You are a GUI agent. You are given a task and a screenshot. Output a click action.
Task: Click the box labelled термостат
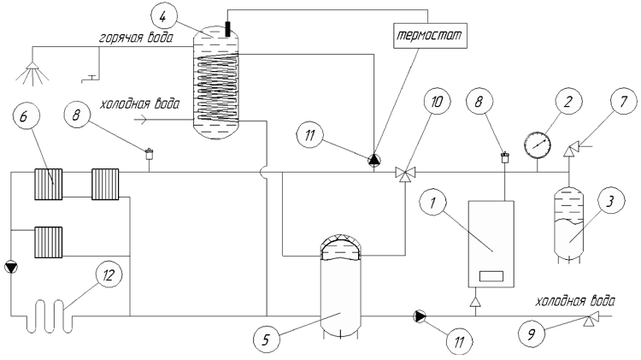click(430, 36)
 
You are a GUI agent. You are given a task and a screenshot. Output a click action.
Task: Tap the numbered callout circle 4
click(163, 17)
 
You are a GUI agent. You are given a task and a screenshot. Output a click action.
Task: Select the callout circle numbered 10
click(436, 102)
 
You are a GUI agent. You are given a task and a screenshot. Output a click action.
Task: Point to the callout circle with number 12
click(108, 275)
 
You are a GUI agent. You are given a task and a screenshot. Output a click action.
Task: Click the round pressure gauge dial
click(538, 145)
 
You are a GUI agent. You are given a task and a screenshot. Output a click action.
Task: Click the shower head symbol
click(32, 73)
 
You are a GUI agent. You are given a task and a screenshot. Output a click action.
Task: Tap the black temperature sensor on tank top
click(227, 29)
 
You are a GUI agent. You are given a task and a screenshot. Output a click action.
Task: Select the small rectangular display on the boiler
click(491, 276)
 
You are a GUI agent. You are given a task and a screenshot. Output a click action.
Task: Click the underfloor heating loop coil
click(49, 316)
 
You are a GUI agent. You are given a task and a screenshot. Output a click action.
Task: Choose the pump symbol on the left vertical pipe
click(11, 268)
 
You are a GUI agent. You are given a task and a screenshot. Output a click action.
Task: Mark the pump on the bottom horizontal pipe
click(420, 316)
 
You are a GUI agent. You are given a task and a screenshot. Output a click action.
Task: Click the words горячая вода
click(136, 38)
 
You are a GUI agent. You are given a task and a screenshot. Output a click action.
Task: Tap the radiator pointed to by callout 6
click(48, 184)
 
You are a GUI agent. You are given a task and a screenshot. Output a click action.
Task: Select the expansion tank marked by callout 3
click(568, 224)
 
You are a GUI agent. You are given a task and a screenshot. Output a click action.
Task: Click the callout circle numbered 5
click(266, 339)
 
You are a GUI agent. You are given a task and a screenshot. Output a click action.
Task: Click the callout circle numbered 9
click(531, 334)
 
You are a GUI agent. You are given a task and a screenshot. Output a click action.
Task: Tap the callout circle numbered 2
click(567, 102)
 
